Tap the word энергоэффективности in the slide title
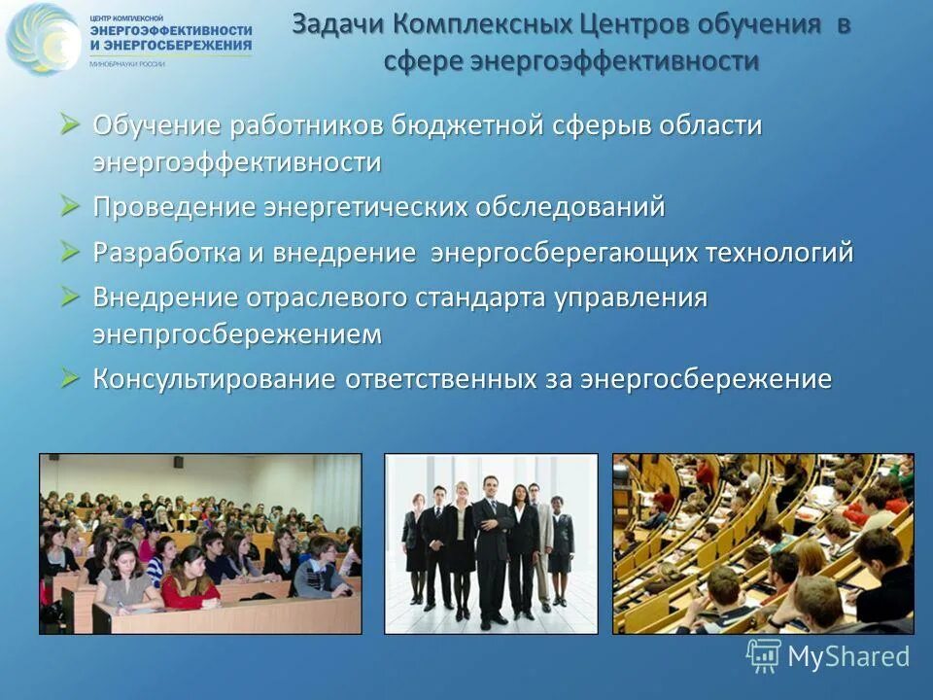[614, 61]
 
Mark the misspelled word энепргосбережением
[237, 333]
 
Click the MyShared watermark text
[848, 656]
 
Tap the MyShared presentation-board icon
[764, 656]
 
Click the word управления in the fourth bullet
[631, 297]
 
